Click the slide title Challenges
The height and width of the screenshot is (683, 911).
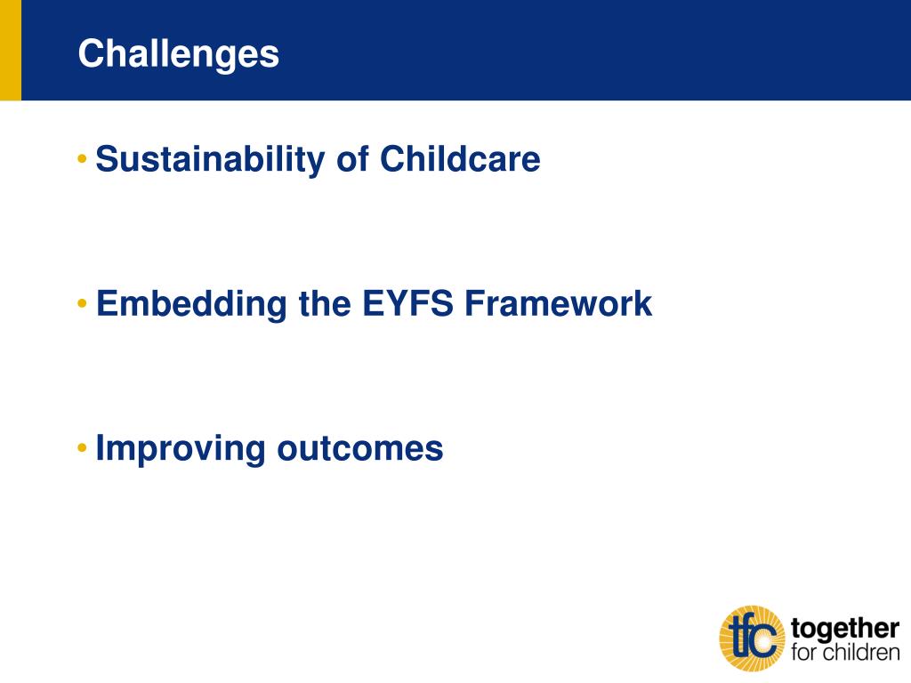(x=178, y=54)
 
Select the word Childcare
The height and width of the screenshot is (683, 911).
(x=460, y=158)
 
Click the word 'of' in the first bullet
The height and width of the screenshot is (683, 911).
(x=352, y=158)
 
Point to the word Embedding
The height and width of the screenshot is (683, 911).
(x=191, y=305)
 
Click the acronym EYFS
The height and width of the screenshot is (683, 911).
(x=407, y=303)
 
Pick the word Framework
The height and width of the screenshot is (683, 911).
(x=559, y=303)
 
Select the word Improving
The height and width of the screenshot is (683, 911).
(x=180, y=450)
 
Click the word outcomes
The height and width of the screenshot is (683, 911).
(x=360, y=449)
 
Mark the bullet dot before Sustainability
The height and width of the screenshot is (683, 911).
(x=82, y=158)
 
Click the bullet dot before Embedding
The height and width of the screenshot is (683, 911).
(x=82, y=303)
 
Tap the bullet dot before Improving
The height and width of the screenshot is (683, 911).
(x=82, y=448)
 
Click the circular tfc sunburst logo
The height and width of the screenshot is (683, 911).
(x=753, y=639)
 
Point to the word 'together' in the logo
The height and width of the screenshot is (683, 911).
(x=845, y=629)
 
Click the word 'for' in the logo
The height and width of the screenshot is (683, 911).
(x=803, y=652)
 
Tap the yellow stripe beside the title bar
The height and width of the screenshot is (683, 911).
(x=11, y=50)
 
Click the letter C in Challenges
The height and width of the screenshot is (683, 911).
(x=91, y=53)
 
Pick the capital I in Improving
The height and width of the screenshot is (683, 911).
(x=100, y=448)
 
